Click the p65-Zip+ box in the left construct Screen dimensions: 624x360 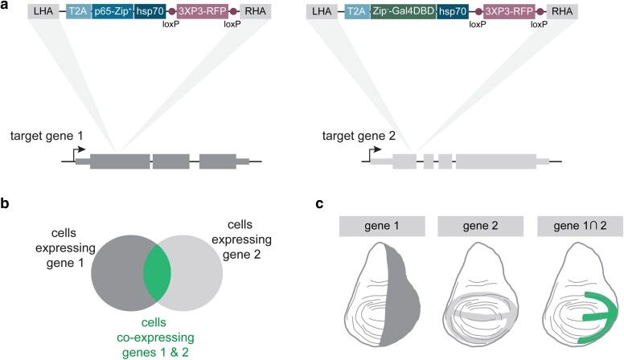tap(113, 11)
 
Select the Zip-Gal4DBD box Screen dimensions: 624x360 tap(403, 11)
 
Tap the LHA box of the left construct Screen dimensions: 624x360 tap(43, 11)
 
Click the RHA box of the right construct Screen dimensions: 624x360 tap(562, 11)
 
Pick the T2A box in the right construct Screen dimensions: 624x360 tap(356, 11)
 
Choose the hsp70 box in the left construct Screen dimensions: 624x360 tap(150, 11)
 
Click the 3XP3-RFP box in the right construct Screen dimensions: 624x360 tap(508, 11)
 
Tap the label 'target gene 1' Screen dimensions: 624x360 tap(47, 136)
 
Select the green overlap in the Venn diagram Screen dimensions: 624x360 tap(157, 273)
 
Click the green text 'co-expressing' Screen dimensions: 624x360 tap(155, 337)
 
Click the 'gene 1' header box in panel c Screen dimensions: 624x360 tap(382, 227)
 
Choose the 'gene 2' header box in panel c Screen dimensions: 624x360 tap(480, 227)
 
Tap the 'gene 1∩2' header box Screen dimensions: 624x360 tap(580, 227)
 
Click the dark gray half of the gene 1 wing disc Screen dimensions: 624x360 tap(400, 294)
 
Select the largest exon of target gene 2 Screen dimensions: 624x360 tap(496, 162)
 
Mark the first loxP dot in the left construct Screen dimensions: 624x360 tap(171, 11)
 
